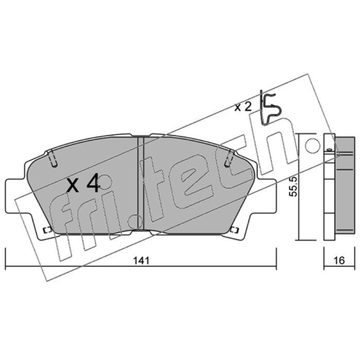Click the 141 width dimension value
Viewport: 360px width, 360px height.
tap(142, 261)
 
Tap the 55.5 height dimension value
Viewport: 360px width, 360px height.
tap(293, 186)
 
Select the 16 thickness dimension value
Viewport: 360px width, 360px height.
tap(339, 261)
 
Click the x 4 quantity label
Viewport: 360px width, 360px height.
tap(83, 183)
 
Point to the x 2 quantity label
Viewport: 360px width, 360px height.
tap(243, 107)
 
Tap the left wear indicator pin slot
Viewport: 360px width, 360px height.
tap(53, 158)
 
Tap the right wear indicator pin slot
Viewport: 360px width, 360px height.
tap(229, 158)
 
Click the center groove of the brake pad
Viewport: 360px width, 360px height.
tap(140, 183)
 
